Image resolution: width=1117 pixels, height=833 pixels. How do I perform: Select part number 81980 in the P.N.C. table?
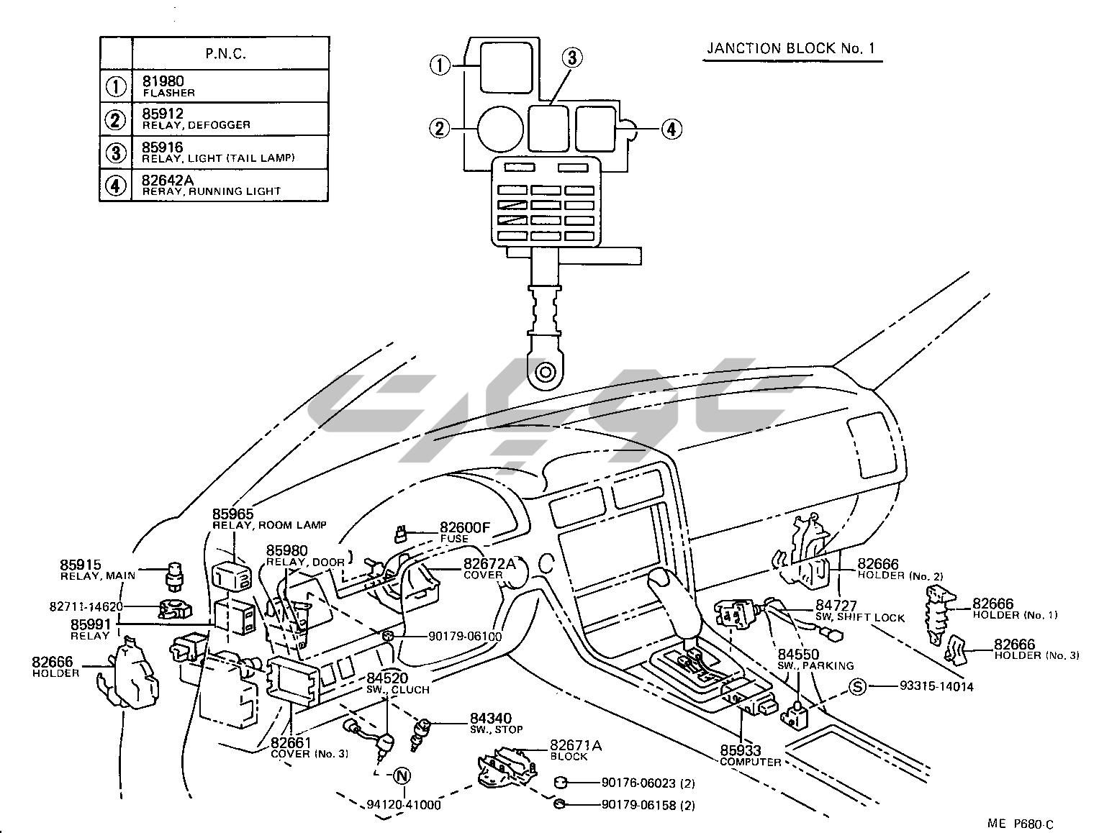point(163,82)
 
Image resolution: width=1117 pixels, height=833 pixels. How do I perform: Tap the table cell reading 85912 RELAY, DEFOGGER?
point(196,118)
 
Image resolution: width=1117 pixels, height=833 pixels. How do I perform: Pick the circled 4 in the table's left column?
point(115,186)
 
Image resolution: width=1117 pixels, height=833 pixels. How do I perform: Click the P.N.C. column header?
point(225,53)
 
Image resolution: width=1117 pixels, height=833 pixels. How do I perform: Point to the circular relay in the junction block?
point(499,129)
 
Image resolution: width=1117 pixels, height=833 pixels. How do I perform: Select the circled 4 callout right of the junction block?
point(670,129)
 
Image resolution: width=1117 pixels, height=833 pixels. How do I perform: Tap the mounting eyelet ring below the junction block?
point(545,373)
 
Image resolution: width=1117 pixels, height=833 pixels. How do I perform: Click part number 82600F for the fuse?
point(464,528)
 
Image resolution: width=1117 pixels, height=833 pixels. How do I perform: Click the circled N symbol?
point(402,775)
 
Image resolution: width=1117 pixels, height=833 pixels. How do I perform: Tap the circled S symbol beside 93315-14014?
point(857,686)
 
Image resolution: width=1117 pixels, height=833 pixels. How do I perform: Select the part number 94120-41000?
point(402,804)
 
